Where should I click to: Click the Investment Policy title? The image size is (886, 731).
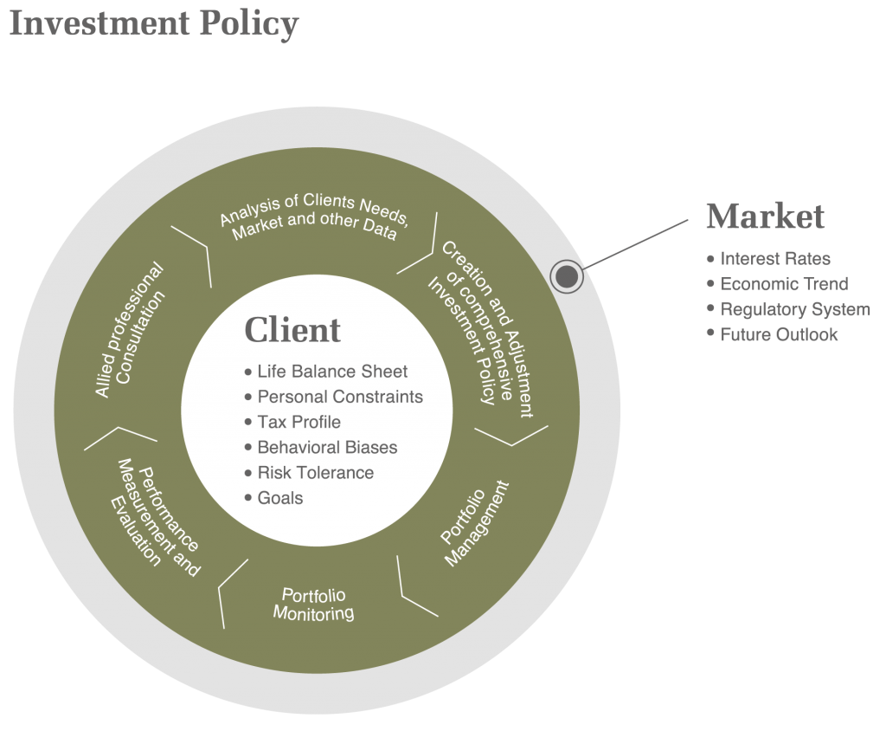tap(153, 23)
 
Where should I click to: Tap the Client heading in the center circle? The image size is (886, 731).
tap(292, 330)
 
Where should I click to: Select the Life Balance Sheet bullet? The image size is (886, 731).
tap(332, 372)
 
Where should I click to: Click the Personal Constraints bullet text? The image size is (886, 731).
tap(340, 397)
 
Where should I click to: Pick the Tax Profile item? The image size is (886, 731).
tap(299, 422)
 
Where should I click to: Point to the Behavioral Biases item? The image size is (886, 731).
tap(327, 448)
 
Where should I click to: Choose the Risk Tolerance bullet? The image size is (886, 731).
tap(315, 473)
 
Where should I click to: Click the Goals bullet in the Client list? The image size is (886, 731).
tap(279, 498)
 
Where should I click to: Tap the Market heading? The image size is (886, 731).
tap(765, 217)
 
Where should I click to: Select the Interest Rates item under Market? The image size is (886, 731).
tap(775, 258)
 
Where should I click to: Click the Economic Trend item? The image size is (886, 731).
tap(784, 284)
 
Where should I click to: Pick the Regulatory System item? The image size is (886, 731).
tap(795, 309)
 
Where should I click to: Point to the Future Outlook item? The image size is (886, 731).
tap(779, 334)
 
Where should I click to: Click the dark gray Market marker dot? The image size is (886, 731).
tap(567, 276)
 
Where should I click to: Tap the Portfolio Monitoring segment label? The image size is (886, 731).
tap(313, 605)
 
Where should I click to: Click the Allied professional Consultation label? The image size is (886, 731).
tap(130, 331)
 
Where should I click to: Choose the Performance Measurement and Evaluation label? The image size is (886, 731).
tap(157, 514)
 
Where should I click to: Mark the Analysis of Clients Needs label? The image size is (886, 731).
tap(313, 217)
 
